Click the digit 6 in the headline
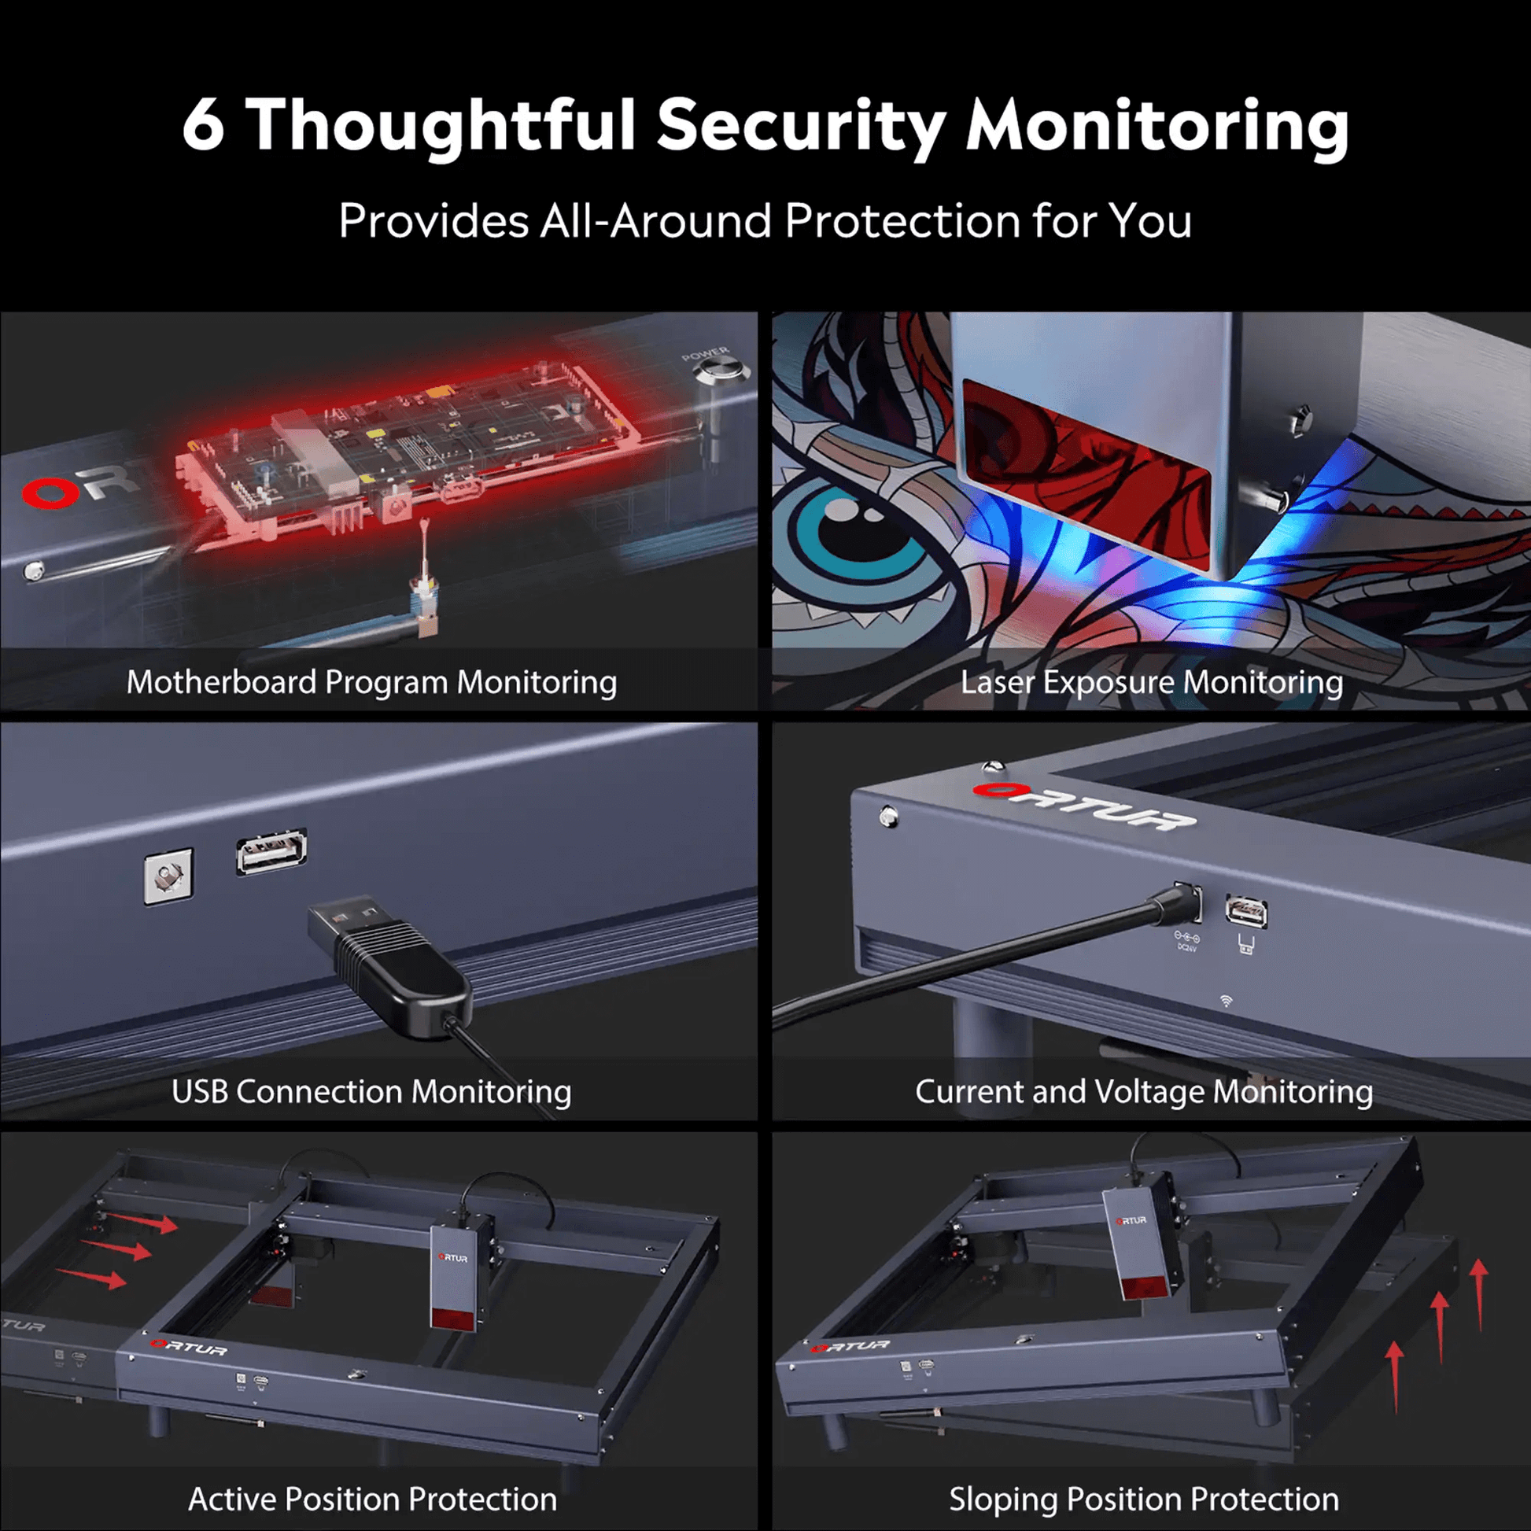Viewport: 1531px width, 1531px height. coord(204,125)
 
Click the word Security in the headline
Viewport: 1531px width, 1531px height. coord(801,127)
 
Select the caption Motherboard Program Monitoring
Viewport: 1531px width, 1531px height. coord(371,682)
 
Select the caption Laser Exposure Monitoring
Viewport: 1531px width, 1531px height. coord(1152,682)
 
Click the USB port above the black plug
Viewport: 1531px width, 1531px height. coord(271,853)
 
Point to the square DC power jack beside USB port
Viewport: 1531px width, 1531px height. coord(168,876)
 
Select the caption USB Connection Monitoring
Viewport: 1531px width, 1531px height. coord(371,1091)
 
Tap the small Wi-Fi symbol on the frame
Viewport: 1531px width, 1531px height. coord(1227,1002)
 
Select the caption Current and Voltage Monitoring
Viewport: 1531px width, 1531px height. coord(1143,1091)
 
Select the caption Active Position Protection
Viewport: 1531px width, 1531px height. coord(372,1500)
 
